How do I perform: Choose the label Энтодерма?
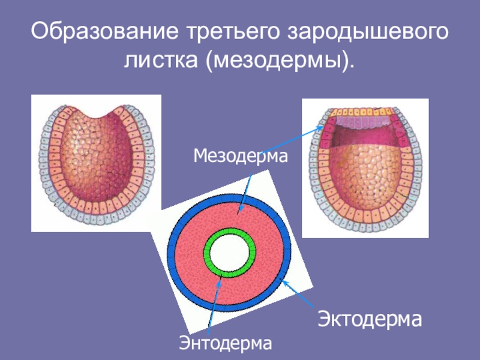(x=226, y=343)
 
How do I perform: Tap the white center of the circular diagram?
(x=230, y=251)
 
